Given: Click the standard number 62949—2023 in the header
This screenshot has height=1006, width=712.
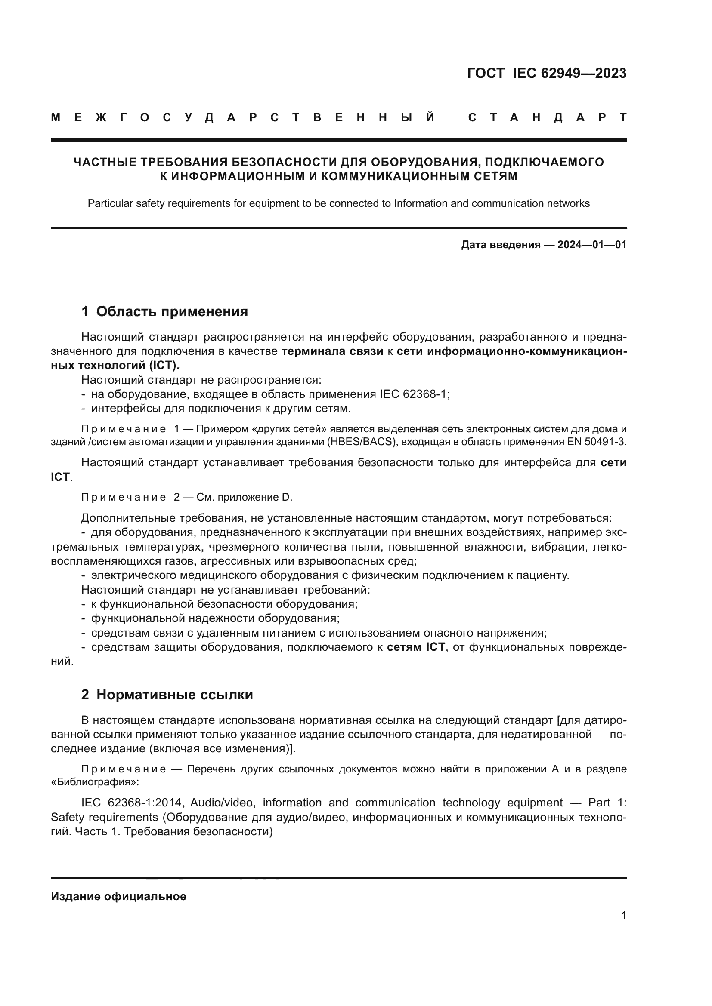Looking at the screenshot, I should click(583, 73).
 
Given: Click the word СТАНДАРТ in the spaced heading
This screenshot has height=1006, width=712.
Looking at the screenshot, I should click(548, 117).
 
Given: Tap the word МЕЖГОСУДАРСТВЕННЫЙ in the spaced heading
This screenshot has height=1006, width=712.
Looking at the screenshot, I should click(243, 117).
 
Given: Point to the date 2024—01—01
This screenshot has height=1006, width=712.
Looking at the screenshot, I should click(592, 245).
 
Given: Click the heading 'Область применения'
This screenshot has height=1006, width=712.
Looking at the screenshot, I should click(172, 311).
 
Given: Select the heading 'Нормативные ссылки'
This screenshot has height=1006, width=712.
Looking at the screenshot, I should click(174, 695).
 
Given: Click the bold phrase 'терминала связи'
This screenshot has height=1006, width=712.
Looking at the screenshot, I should click(332, 351).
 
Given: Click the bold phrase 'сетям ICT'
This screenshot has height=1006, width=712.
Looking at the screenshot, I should click(416, 647).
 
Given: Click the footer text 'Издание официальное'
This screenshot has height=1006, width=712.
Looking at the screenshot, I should click(118, 896).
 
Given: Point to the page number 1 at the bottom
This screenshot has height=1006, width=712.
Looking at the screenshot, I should click(624, 915).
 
